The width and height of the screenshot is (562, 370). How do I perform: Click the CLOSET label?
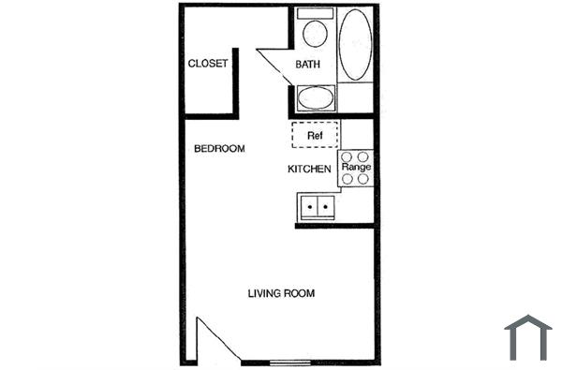tap(208, 64)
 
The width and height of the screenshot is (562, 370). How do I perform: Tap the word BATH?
tap(308, 65)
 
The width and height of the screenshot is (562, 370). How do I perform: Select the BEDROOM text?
tap(219, 149)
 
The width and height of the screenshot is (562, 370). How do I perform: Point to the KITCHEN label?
tap(308, 170)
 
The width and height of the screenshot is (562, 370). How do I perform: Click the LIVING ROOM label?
tap(281, 293)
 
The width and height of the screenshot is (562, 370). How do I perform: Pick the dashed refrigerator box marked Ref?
tap(316, 134)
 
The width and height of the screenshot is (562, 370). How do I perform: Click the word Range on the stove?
tap(357, 168)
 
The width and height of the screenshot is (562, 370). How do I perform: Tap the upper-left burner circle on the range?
tap(348, 156)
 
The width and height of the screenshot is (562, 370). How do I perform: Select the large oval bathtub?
tap(355, 45)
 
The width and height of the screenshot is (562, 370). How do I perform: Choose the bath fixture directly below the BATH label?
tap(316, 97)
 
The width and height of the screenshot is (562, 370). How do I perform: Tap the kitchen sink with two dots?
tap(317, 204)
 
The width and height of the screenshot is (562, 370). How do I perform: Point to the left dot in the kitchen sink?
tap(310, 203)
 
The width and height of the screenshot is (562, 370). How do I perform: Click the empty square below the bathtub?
tap(356, 97)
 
